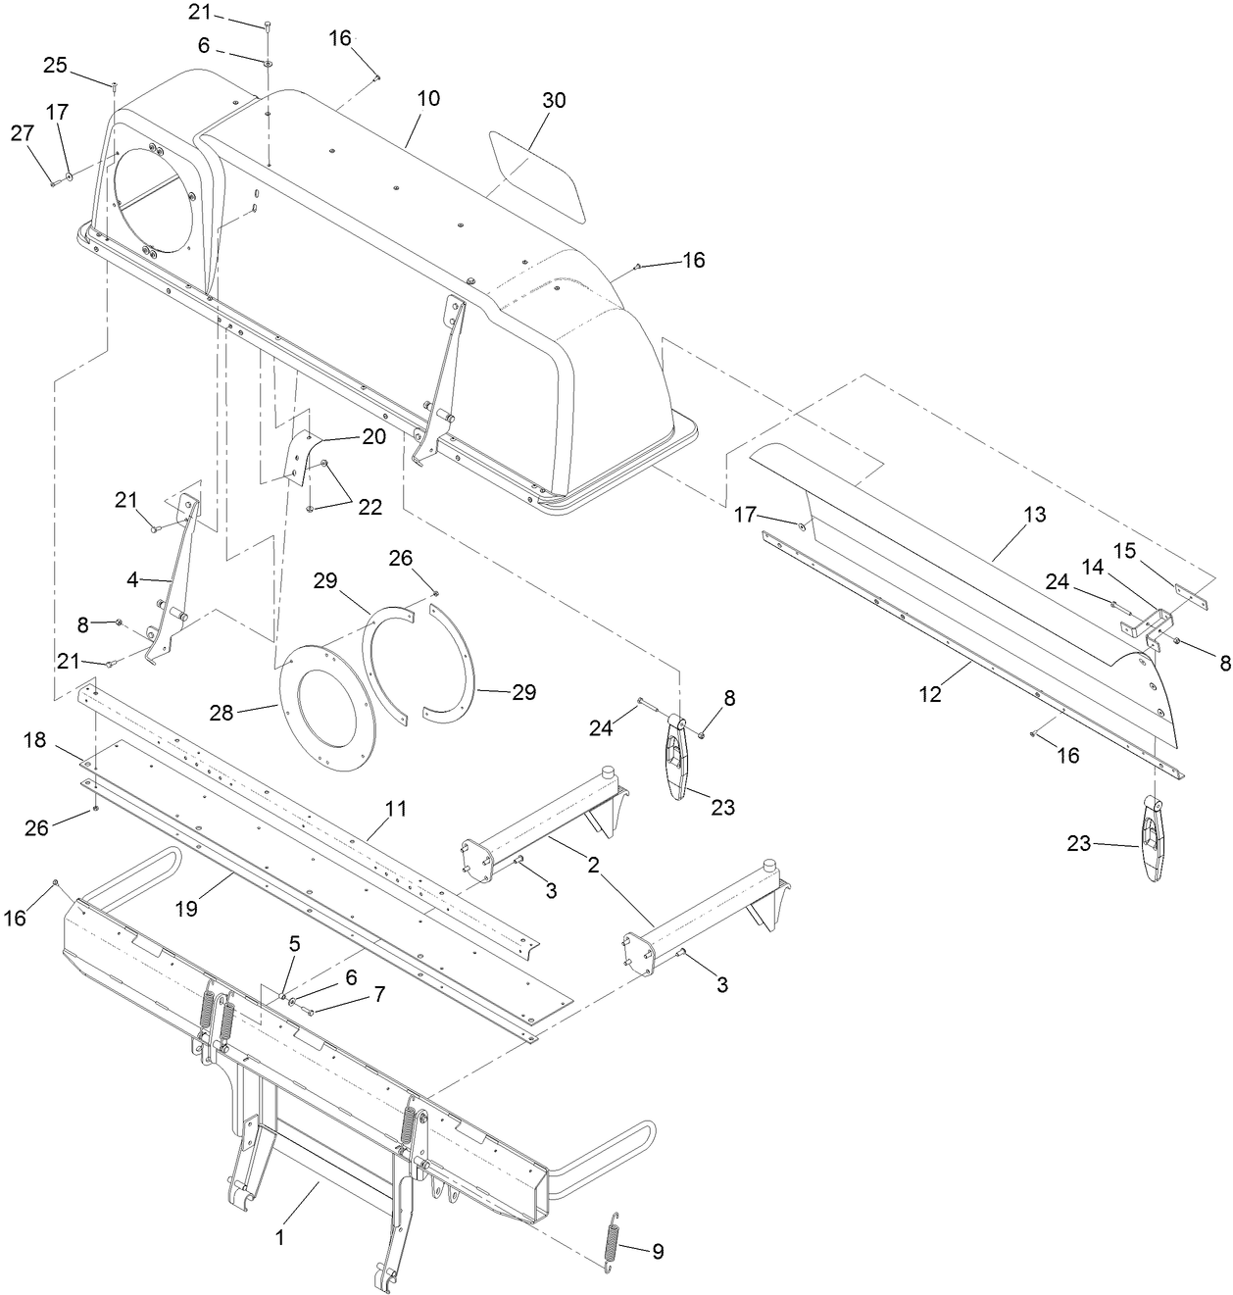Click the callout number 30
tap(554, 101)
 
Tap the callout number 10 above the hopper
tap(428, 99)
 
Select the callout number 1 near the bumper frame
tap(279, 1237)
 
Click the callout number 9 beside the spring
tap(658, 1251)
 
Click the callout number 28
tap(222, 713)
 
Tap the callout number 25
tap(55, 66)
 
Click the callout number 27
tap(23, 134)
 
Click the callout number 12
tap(930, 694)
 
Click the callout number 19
tap(186, 909)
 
